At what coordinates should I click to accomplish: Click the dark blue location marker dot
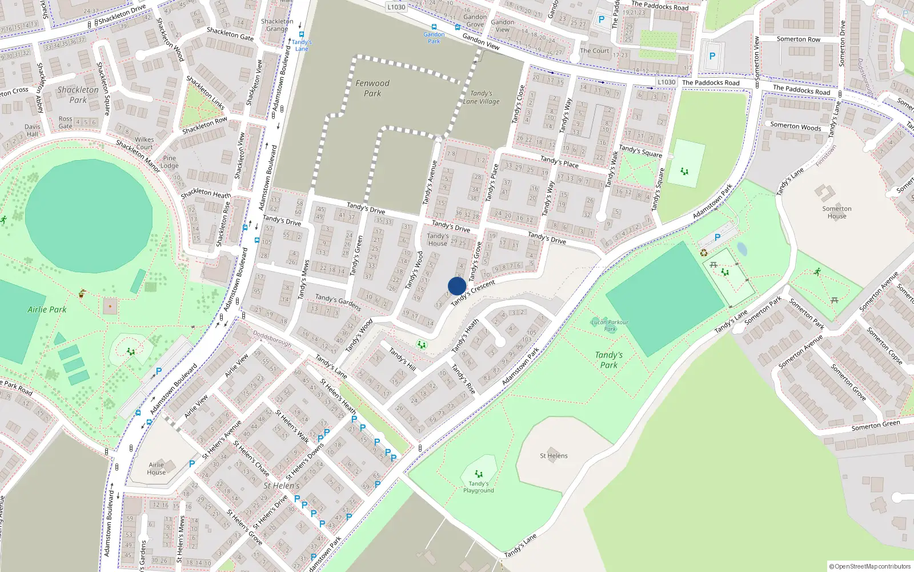(457, 286)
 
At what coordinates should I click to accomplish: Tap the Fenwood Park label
(372, 88)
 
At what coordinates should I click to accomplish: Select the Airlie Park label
(47, 309)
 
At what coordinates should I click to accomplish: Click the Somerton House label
(837, 212)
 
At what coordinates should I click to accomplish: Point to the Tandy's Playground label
(479, 487)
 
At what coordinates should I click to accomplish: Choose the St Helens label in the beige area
(554, 456)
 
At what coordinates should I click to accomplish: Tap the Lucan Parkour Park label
(610, 325)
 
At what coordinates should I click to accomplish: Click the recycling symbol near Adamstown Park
(704, 252)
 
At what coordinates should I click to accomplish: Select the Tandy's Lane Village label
(481, 97)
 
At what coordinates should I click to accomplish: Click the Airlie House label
(156, 468)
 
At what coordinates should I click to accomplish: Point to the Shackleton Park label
(78, 95)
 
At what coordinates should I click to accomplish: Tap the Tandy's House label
(438, 239)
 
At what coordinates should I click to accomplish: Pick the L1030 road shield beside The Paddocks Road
(666, 82)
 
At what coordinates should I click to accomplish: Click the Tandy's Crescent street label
(473, 293)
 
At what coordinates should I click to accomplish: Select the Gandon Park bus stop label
(434, 38)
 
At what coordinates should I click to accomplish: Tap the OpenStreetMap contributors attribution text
(869, 566)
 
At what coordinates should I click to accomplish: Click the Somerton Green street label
(875, 425)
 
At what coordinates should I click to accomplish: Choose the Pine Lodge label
(170, 162)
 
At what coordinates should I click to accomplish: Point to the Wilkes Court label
(144, 143)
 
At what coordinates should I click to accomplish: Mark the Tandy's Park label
(609, 360)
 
